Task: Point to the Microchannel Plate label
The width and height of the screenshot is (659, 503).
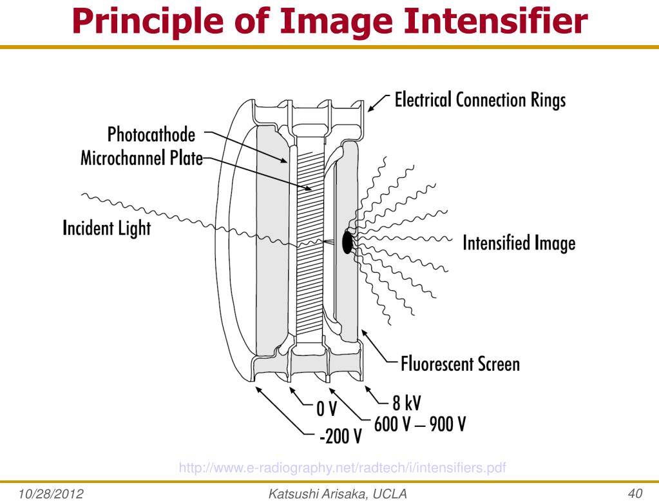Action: (x=140, y=159)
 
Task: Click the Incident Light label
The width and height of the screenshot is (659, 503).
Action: (x=107, y=228)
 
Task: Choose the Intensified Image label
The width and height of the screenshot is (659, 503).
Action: (x=519, y=244)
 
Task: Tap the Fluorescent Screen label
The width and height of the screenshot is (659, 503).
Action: (x=460, y=364)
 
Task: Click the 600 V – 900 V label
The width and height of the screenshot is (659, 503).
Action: (x=419, y=425)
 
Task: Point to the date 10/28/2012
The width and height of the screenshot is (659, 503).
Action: (x=46, y=493)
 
